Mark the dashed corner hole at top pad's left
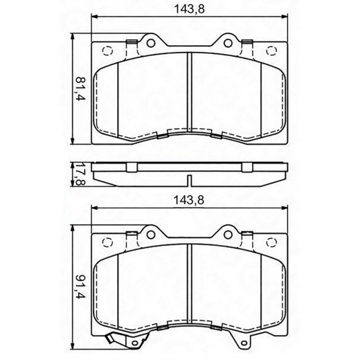[107, 50]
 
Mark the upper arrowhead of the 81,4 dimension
[73, 35]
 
